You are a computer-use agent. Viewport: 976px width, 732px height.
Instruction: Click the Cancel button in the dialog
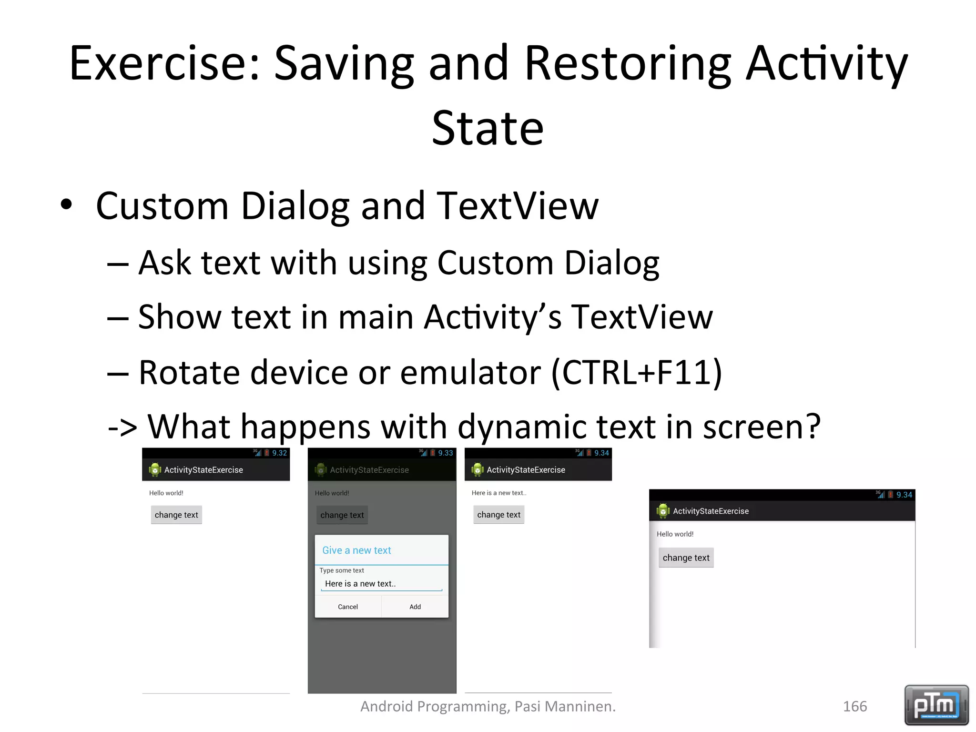[347, 607]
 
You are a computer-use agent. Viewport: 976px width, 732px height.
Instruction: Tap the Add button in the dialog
[415, 607]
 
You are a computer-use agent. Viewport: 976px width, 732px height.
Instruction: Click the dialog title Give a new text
[356, 550]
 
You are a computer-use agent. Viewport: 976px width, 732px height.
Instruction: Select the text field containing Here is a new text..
[381, 584]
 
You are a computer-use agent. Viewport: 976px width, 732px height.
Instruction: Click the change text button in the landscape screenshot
[686, 558]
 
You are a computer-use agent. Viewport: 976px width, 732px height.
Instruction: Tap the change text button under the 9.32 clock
[176, 515]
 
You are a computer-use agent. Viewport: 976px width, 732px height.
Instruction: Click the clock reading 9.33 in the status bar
[446, 453]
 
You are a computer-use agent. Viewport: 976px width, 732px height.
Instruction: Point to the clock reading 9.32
[279, 453]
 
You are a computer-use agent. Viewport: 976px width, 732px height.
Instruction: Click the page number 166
[855, 706]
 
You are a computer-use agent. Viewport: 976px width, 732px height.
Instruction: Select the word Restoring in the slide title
[628, 63]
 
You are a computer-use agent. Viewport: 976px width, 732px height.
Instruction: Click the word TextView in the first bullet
[517, 206]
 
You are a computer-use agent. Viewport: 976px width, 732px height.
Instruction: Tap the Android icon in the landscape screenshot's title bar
[663, 511]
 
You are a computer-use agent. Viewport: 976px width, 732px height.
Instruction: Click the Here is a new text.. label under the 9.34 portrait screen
[499, 493]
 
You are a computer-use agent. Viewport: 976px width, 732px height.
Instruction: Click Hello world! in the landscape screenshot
[675, 534]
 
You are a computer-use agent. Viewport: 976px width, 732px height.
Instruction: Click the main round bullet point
[66, 205]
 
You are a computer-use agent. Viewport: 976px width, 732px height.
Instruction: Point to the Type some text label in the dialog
[342, 570]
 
